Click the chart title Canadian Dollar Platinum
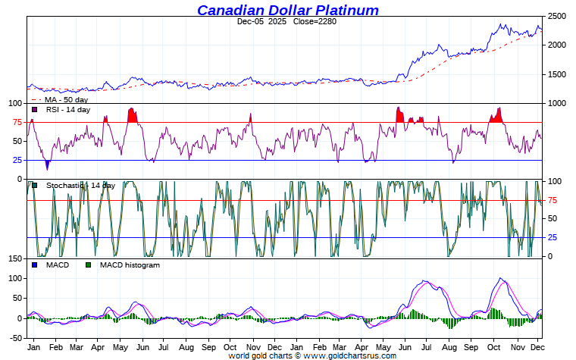288,10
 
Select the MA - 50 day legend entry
65,99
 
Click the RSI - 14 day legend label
68,110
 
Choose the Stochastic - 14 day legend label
80,186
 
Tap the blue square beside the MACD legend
35,265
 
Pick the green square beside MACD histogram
88,265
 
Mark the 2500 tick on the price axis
557,16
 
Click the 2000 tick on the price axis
557,45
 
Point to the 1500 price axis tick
557,75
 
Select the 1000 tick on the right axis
557,104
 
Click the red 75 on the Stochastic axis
553,200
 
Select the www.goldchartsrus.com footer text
350,355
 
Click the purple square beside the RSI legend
35,110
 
